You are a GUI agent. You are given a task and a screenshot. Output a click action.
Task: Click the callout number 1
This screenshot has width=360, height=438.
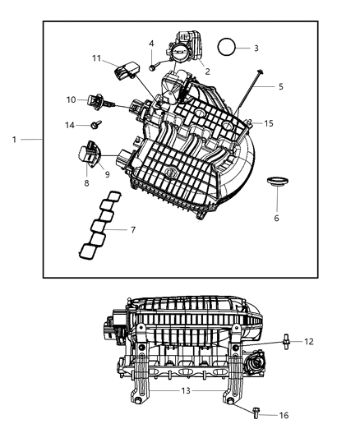14,140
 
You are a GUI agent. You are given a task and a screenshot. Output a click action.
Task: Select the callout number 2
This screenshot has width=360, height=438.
207,71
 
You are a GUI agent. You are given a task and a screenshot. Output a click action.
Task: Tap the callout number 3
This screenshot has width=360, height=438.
256,48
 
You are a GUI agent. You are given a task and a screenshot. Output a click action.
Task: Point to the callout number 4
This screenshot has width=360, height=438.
151,43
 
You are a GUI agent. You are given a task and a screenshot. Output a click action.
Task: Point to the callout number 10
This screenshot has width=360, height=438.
72,99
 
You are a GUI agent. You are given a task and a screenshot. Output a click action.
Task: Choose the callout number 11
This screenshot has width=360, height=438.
96,58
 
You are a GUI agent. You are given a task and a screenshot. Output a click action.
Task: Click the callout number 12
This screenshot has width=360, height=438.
309,341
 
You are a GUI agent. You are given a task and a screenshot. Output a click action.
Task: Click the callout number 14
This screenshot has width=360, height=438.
71,125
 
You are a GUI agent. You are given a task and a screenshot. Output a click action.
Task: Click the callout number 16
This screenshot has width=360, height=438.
284,416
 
